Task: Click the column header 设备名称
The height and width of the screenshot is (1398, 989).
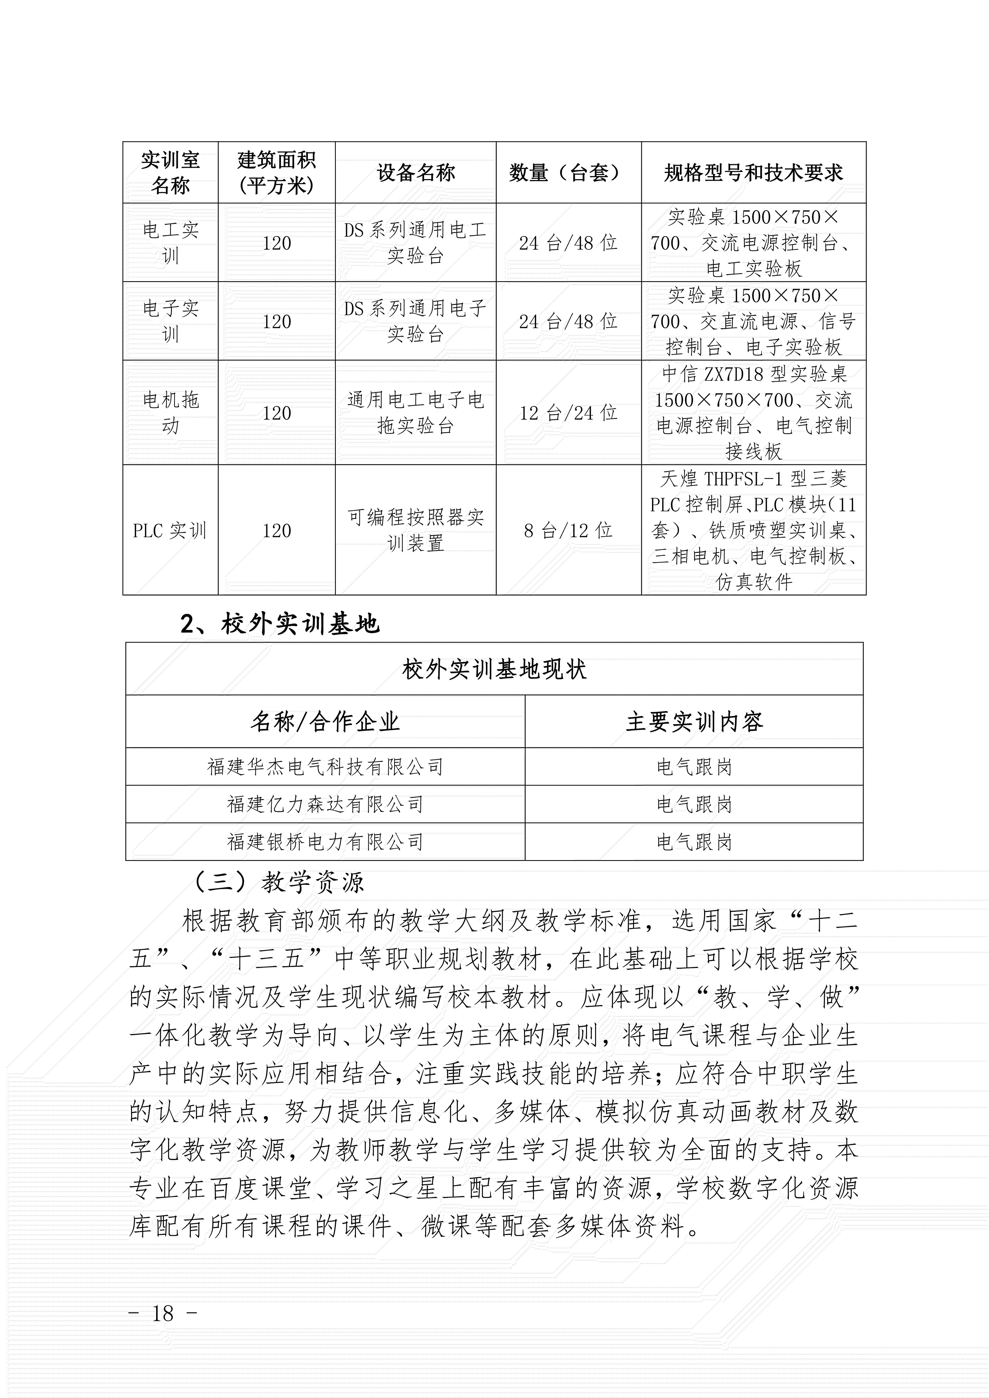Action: coord(416,173)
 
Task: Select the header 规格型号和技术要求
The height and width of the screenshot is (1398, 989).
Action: coord(753,173)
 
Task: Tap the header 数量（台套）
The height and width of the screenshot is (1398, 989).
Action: coord(568,173)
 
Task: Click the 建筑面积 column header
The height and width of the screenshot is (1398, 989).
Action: coord(277,173)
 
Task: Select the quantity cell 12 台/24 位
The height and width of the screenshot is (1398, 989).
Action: coord(568,413)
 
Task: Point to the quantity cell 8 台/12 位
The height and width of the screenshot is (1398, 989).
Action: coord(568,530)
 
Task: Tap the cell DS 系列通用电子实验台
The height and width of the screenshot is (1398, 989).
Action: coord(416,321)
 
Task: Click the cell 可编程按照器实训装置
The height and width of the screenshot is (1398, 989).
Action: coord(416,530)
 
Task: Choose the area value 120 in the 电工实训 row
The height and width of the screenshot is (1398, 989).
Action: coord(277,243)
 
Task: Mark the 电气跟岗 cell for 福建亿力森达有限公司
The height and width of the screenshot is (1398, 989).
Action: coord(694,804)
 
